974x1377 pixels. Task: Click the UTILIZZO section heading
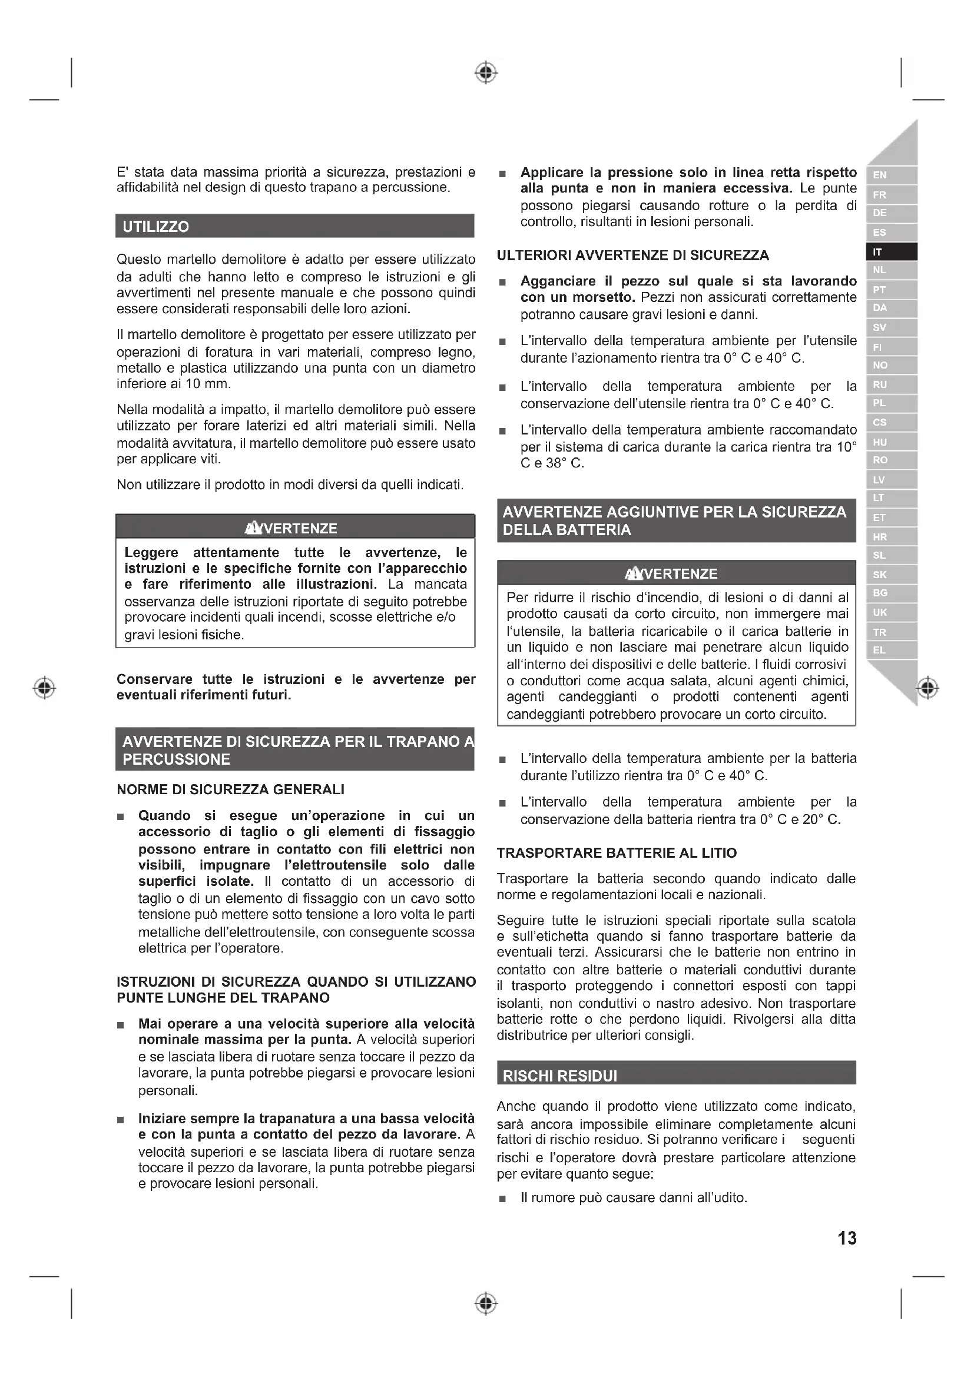155,227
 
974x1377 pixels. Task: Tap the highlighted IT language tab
877,252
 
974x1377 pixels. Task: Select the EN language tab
879,175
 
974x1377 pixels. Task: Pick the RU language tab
879,384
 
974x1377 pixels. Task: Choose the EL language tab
879,650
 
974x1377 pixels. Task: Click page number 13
847,1238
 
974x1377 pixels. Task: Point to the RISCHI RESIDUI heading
559,1076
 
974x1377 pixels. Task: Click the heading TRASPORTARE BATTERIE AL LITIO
617,853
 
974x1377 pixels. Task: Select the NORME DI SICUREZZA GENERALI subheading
230,789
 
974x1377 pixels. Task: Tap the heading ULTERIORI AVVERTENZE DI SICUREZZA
632,256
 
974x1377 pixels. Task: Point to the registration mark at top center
486,72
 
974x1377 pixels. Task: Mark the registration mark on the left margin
44,687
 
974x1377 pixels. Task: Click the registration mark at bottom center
486,1303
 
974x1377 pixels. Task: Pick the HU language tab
879,442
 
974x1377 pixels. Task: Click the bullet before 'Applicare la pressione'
503,174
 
